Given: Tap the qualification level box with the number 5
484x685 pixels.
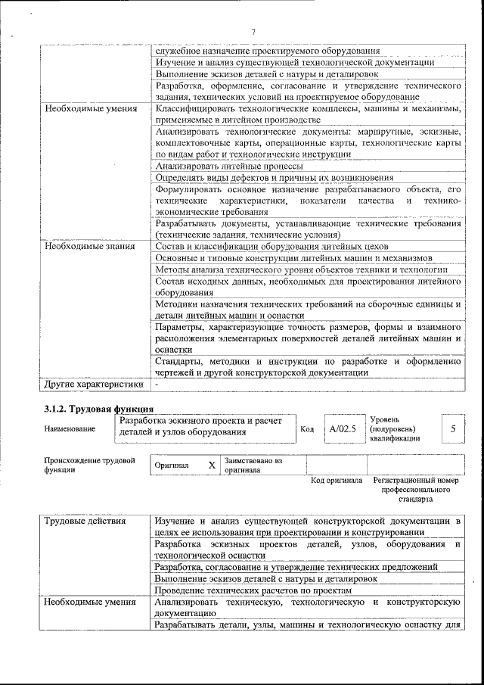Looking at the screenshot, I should (x=452, y=428).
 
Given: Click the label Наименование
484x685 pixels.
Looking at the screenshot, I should (x=70, y=429).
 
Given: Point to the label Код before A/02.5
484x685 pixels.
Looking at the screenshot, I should (x=307, y=429).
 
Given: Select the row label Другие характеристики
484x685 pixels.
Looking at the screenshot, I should (x=93, y=385).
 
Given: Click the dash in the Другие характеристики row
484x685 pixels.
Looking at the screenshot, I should (x=157, y=385).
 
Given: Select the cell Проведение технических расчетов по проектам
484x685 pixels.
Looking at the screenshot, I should (x=253, y=590).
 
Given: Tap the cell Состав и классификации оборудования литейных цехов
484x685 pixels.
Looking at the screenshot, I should (x=271, y=247).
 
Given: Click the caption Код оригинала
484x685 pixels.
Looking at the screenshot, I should (x=337, y=481).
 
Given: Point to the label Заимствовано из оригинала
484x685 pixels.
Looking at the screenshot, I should (x=253, y=465).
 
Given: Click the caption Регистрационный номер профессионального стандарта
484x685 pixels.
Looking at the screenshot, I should (x=416, y=490).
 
